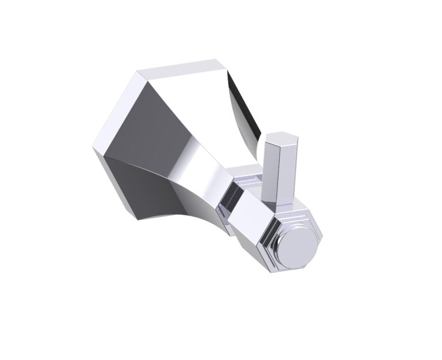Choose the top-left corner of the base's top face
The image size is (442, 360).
(x=137, y=72)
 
